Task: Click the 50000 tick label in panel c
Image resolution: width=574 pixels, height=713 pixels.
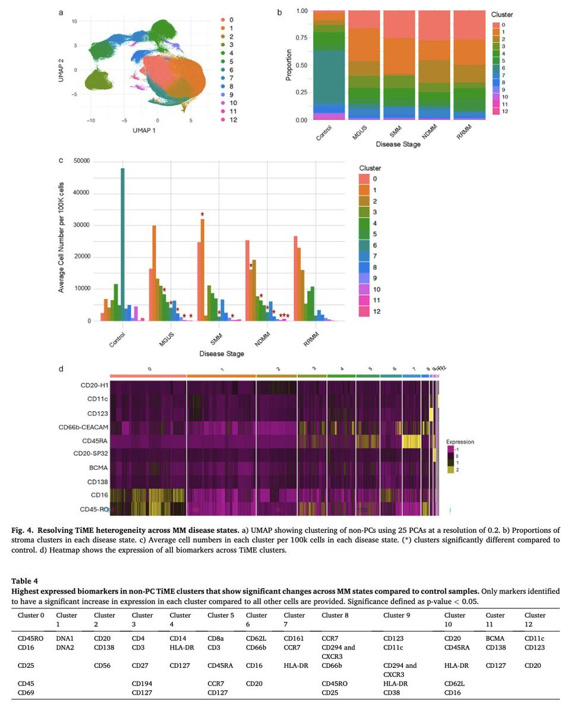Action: pos(80,161)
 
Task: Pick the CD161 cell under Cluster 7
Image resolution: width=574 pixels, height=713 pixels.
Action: pos(293,636)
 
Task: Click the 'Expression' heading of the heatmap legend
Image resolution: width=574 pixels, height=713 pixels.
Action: pos(460,442)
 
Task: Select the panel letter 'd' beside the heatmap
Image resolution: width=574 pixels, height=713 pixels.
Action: pos(62,369)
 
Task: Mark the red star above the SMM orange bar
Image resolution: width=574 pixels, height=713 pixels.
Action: pos(202,214)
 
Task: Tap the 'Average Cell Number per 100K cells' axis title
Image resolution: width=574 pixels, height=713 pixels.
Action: pos(61,240)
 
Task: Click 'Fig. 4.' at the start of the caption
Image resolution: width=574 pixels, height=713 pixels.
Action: pos(27,527)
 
